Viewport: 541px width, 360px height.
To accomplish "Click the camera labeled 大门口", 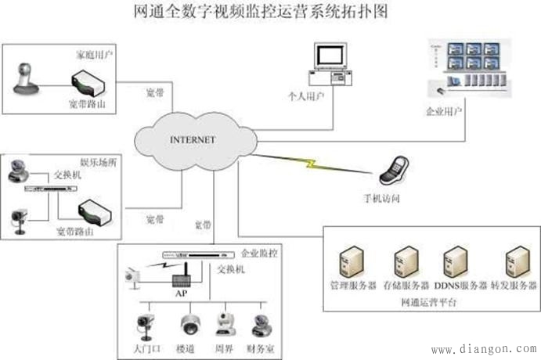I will pos(146,323).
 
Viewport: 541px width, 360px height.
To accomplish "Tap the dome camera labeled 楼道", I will pos(190,323).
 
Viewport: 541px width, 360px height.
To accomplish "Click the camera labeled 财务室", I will pos(261,322).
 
